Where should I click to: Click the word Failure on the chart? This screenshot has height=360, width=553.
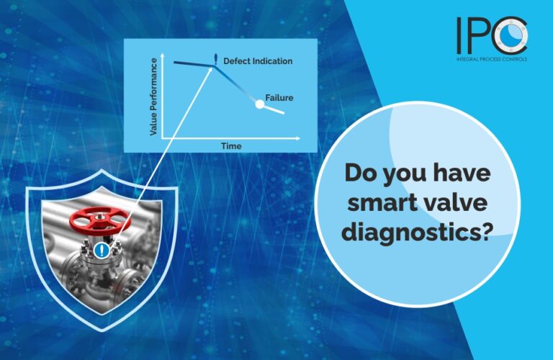point(279,98)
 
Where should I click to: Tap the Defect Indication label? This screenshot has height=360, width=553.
point(258,61)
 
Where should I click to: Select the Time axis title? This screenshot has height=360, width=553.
point(231,146)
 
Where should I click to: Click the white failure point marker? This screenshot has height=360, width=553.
point(260,105)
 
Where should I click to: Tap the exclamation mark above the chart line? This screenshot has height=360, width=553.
point(215,58)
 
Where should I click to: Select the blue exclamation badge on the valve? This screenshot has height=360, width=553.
point(103,251)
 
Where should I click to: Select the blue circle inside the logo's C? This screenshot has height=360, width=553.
point(513,35)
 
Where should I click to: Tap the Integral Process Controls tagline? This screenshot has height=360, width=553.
point(492,59)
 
